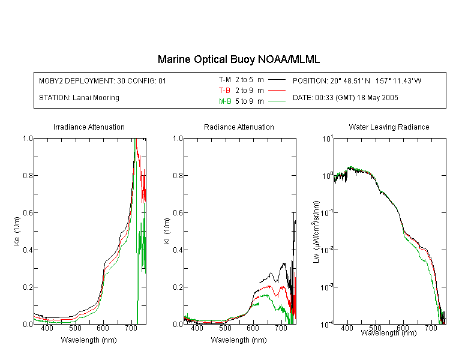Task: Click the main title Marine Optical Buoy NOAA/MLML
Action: pos(238,59)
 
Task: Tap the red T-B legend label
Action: pos(224,91)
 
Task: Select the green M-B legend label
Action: pos(225,101)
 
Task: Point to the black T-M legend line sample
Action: pos(277,80)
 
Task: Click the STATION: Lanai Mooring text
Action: pos(79,98)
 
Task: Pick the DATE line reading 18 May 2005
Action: pos(345,98)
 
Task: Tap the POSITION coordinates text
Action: pos(357,80)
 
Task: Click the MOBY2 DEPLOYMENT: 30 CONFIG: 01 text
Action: pos(103,80)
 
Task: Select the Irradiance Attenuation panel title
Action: pos(89,127)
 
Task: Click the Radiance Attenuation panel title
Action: pos(239,127)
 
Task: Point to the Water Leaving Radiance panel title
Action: pos(389,127)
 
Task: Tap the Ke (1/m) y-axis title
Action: pos(17,231)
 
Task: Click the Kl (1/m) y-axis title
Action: pos(167,231)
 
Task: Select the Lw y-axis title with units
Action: pos(316,232)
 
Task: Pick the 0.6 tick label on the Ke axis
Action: pos(28,213)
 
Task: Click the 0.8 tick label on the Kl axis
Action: pos(178,175)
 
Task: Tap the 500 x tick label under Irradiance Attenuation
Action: pos(75,328)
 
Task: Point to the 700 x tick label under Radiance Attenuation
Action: pos(281,328)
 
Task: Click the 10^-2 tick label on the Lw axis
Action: pos(328,249)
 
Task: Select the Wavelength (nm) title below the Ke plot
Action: pos(89,340)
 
